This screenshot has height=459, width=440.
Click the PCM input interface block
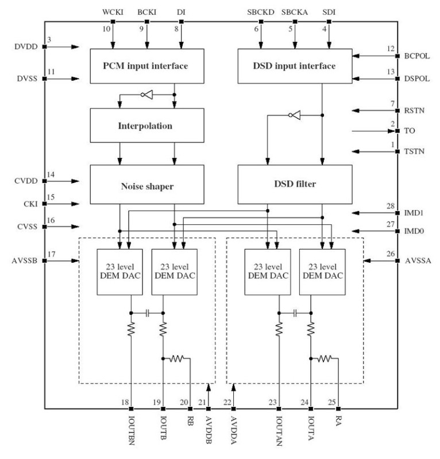pyautogui.click(x=147, y=67)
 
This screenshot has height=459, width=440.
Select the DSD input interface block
pyautogui.click(x=295, y=67)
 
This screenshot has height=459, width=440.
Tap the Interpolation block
pyautogui.click(x=147, y=125)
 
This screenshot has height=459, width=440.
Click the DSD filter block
pyautogui.click(x=295, y=184)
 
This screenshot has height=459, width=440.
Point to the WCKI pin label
pyautogui.click(x=113, y=11)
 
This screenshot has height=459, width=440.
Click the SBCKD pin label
pyautogui.click(x=260, y=11)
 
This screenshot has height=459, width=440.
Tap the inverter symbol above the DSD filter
pyautogui.click(x=294, y=115)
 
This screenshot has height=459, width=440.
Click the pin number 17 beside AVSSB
pyautogui.click(x=51, y=254)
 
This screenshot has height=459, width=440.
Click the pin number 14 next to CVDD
pyautogui.click(x=51, y=174)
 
